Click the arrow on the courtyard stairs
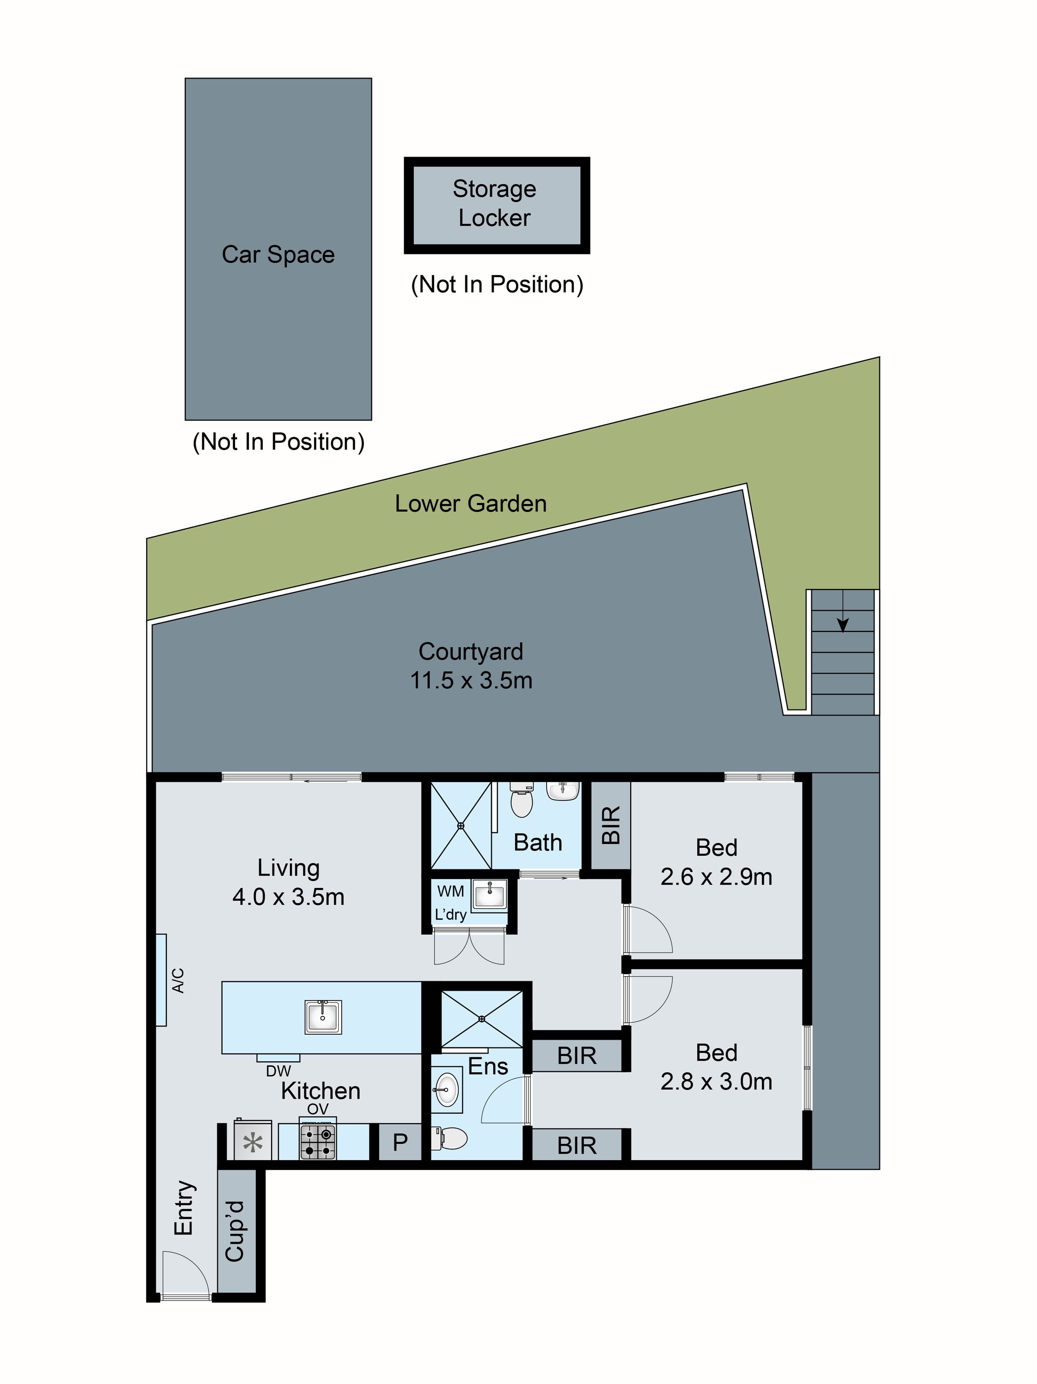(x=842, y=624)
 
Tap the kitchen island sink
(x=323, y=1016)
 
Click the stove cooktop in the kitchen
(x=318, y=1141)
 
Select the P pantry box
(x=399, y=1142)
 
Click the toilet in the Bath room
(x=521, y=801)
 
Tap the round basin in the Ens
(x=446, y=1090)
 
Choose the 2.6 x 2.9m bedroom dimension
(x=716, y=877)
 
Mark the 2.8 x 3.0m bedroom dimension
(x=716, y=1081)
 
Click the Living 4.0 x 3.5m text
(x=288, y=897)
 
